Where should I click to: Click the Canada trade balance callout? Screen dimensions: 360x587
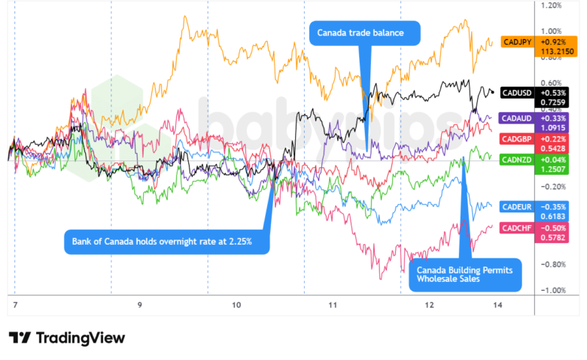(x=366, y=33)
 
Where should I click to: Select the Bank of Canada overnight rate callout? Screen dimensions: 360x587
(x=167, y=242)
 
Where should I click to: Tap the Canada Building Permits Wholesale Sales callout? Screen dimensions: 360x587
(x=465, y=273)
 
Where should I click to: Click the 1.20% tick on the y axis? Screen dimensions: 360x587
(x=552, y=5)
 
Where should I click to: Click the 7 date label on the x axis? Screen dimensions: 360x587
(x=15, y=305)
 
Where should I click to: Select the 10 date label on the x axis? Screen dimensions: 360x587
(x=236, y=305)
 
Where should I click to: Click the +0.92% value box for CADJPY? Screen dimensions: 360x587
(x=553, y=43)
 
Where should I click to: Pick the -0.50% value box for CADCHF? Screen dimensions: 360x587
(x=553, y=228)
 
